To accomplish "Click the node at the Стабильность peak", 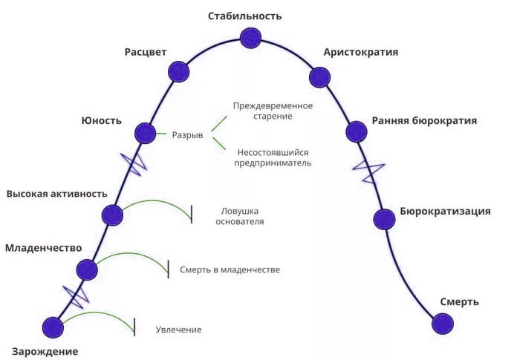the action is [250, 38].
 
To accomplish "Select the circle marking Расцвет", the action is [178, 72].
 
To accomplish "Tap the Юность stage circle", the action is [146, 133].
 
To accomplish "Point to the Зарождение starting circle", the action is [53, 328].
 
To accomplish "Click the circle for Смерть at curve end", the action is [443, 324].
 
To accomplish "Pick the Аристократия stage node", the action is [320, 77].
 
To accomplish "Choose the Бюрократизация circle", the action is [385, 219].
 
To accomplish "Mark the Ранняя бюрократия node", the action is [357, 131].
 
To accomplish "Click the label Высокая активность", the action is [56, 193].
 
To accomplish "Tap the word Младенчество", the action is [44, 248].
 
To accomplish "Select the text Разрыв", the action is [188, 135].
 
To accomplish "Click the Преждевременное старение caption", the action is [273, 111].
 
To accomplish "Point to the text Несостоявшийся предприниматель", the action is [273, 158].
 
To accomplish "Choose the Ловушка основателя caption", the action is [240, 216].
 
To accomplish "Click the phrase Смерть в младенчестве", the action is [230, 269].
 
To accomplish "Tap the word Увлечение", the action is [178, 330].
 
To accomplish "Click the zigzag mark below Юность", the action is [134, 164].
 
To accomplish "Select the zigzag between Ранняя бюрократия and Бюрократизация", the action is [369, 171].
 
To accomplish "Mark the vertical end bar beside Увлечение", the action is [134, 327].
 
